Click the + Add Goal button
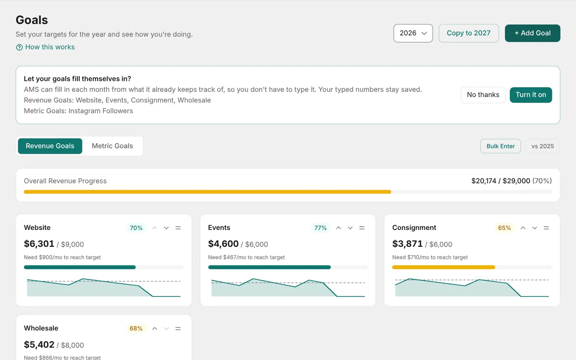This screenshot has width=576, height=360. point(532,33)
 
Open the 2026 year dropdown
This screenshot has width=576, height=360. point(413,33)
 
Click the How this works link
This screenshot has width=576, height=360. point(45,47)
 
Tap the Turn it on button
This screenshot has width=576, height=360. point(531,95)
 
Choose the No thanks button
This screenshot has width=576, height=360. point(483,95)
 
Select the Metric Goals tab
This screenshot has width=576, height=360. point(112,146)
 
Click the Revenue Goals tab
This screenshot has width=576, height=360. point(50,146)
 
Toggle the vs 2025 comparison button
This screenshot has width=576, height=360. point(543,146)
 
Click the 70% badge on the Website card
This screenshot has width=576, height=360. point(136,228)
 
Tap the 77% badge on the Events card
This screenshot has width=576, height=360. point(321,228)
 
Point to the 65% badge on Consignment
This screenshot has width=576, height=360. point(504,228)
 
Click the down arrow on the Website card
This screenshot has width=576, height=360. point(166,228)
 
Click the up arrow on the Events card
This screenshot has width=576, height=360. point(339,228)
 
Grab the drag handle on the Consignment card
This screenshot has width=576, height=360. point(546,228)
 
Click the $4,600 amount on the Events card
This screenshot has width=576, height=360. point(223,244)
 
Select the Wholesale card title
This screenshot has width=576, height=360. point(41,328)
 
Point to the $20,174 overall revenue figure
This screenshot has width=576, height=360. point(483,181)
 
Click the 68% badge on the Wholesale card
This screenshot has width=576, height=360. point(136,328)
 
